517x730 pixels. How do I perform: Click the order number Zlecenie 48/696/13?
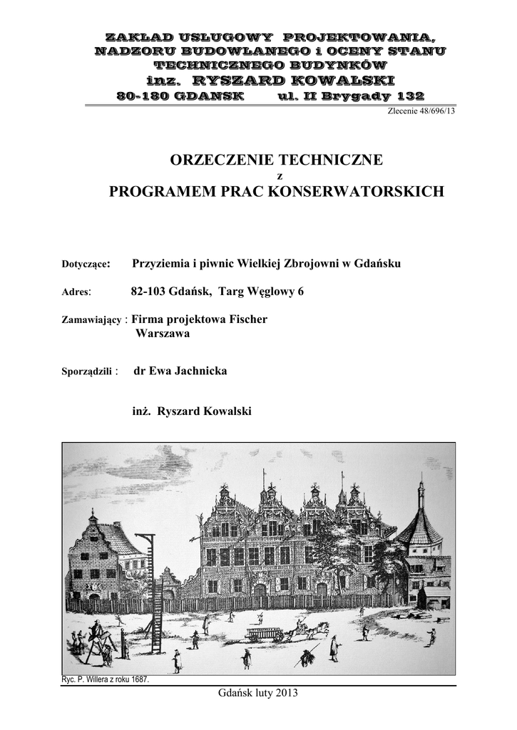click(x=421, y=111)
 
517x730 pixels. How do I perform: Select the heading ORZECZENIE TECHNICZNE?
click(x=276, y=160)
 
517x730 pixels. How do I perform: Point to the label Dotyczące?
click(x=86, y=264)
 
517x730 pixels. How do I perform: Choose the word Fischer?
click(x=247, y=319)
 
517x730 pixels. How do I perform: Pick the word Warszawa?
click(x=162, y=332)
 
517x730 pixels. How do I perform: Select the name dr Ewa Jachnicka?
click(x=180, y=371)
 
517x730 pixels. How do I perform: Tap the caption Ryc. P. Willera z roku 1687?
click(x=106, y=679)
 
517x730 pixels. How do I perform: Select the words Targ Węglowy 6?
click(x=261, y=291)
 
